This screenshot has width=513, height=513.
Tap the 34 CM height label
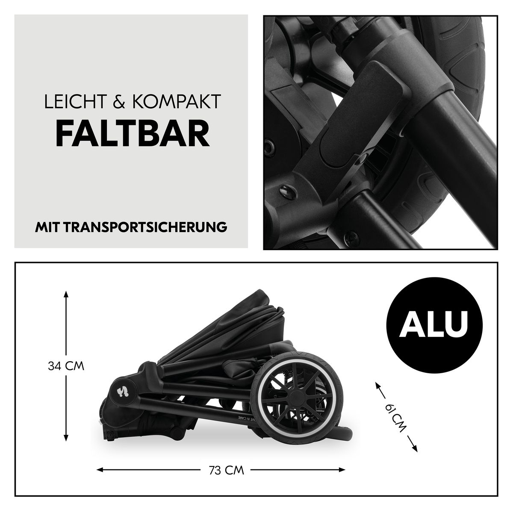[65, 366]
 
